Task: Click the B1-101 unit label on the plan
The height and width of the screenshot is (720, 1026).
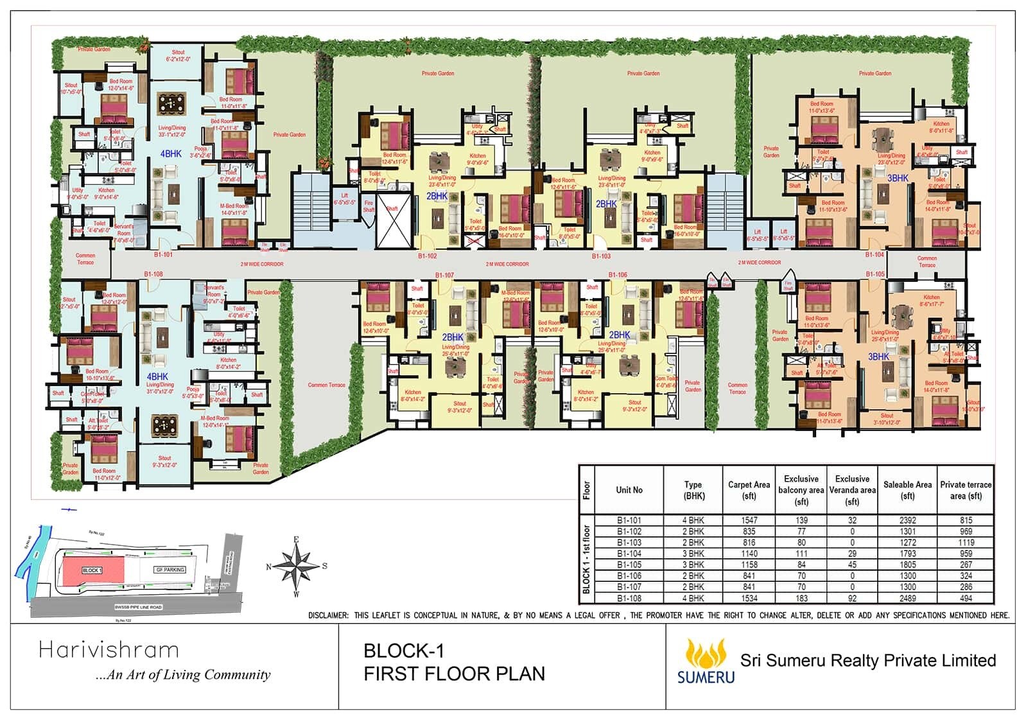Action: point(163,254)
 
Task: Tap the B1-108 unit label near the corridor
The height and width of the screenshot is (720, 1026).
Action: point(153,274)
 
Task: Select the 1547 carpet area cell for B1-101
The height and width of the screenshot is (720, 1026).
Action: point(749,520)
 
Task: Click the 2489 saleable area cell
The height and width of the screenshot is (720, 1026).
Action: point(907,598)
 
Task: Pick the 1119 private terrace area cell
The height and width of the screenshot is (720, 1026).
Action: point(966,543)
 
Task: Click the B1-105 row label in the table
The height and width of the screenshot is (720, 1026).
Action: point(629,565)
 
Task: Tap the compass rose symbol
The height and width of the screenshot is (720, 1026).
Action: point(296,566)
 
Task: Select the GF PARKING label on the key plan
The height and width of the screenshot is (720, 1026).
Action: point(170,570)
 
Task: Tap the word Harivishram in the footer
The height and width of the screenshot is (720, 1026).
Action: point(109,650)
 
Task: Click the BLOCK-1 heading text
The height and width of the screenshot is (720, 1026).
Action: point(404,651)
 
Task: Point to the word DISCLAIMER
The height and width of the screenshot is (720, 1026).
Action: point(328,615)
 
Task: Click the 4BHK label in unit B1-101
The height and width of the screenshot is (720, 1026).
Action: point(171,154)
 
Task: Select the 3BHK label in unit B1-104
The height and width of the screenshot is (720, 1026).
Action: point(898,178)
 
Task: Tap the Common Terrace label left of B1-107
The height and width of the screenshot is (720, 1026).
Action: point(326,385)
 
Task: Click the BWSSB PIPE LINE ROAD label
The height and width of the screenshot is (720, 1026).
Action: point(138,607)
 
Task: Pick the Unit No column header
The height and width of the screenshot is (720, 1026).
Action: point(629,490)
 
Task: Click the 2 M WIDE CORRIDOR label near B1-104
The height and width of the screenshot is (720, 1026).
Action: point(759,263)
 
